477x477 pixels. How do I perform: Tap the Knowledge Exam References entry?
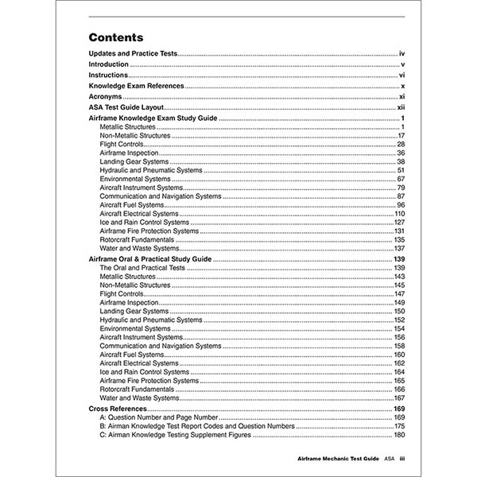pos(136,85)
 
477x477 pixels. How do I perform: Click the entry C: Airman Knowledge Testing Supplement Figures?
pos(184,436)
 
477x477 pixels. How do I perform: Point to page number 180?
pos(400,436)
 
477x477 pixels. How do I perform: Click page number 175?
pos(400,426)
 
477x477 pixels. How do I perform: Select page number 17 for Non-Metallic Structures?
pos(402,136)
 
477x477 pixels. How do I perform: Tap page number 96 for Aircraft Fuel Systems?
pos(401,205)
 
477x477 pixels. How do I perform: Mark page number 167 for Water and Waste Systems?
pos(400,398)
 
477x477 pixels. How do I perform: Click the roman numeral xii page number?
pos(401,107)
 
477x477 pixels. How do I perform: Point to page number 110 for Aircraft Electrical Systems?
pos(400,214)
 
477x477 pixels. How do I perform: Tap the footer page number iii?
pos(402,460)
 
